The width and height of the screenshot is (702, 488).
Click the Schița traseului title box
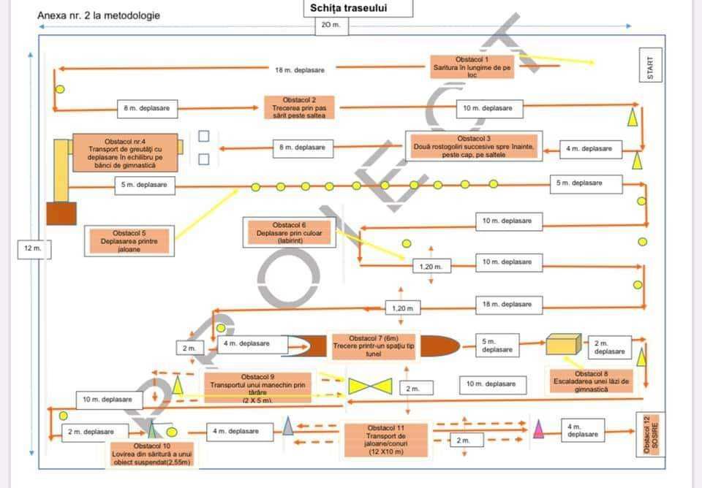(358, 9)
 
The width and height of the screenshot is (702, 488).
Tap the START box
(650, 69)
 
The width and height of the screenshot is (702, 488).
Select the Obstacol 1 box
(472, 66)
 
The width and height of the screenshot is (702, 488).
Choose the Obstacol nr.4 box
(124, 153)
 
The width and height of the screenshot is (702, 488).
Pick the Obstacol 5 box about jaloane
(129, 240)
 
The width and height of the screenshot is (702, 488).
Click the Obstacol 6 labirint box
(289, 232)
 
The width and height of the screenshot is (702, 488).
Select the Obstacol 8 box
(592, 381)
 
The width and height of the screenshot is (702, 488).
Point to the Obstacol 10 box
(152, 454)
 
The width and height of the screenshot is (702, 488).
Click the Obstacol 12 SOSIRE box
(649, 434)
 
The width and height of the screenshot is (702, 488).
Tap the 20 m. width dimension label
(331, 25)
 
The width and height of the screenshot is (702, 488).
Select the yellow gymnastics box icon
(563, 345)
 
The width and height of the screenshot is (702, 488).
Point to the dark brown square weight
(61, 213)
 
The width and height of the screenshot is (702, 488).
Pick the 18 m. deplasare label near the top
(300, 69)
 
